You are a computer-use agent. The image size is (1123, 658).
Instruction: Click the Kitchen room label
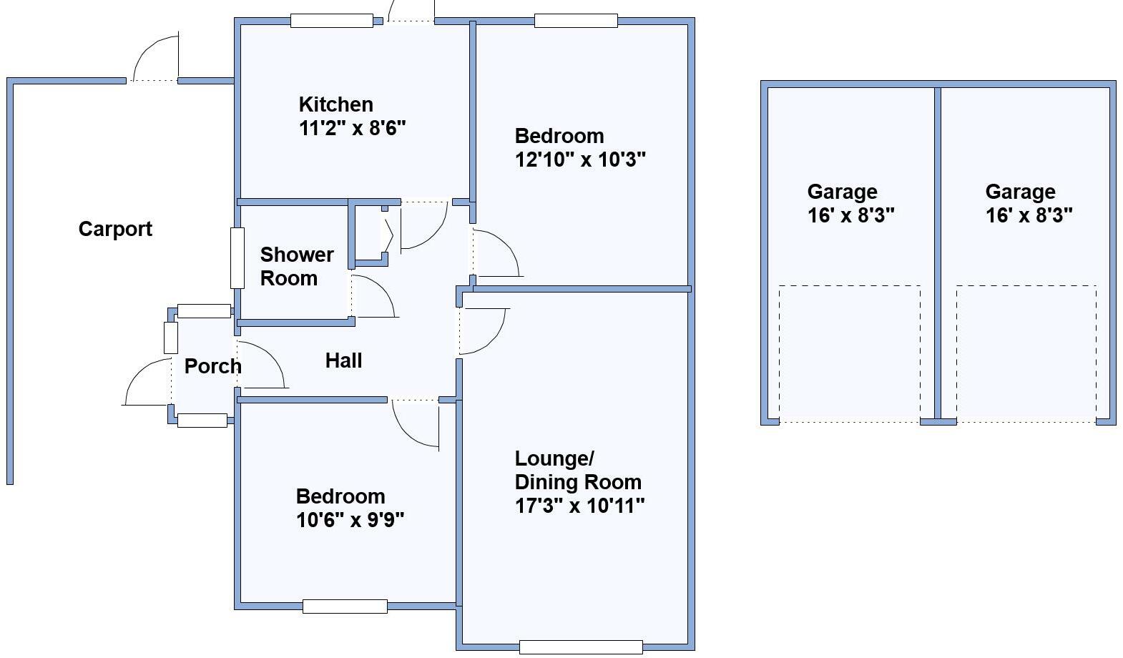336,104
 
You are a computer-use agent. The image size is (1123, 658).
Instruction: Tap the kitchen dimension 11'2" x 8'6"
352,128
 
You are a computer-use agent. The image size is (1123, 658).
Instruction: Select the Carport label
115,230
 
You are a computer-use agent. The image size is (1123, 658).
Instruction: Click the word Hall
343,360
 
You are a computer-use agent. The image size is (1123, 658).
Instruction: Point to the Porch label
212,366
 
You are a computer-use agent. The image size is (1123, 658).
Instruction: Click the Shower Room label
297,267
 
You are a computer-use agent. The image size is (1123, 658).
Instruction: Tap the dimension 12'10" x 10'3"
580,160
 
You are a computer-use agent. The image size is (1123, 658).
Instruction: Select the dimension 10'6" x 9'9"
350,520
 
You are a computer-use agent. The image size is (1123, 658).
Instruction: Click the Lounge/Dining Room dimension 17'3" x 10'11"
579,506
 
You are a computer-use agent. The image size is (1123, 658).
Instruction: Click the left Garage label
843,192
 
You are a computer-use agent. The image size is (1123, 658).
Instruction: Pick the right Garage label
1020,192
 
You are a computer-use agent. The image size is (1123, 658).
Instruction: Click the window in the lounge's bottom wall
581,647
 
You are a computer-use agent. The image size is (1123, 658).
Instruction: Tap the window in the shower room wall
237,258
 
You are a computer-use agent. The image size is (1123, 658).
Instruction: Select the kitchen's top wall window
332,21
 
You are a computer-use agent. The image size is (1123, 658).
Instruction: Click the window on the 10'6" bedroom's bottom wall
345,607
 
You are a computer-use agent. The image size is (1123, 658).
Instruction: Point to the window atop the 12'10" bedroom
576,21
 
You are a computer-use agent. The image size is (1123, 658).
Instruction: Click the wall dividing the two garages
938,253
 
